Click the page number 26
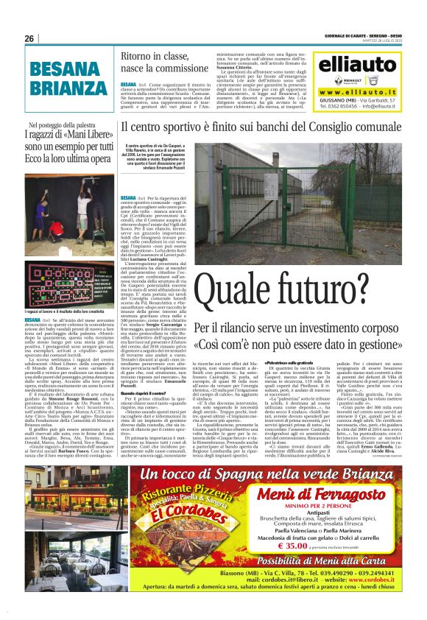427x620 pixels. click(29, 39)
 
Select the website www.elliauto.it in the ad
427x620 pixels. click(357, 91)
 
